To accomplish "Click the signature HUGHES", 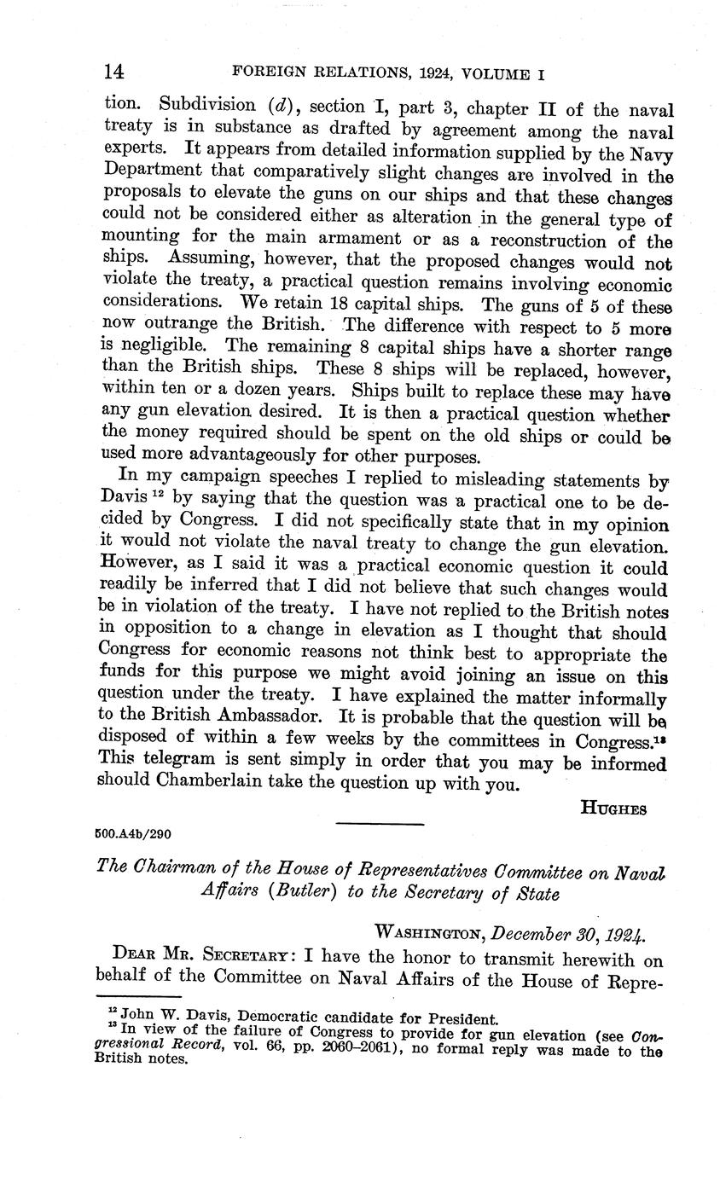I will [613, 809].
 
